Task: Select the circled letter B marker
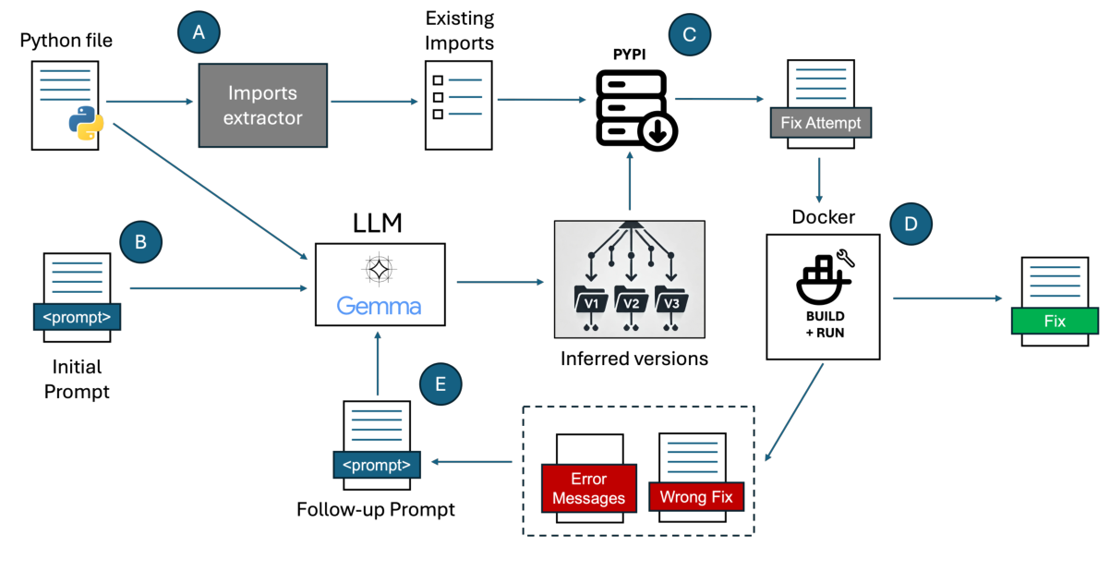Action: click(x=141, y=242)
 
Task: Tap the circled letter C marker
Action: click(x=689, y=34)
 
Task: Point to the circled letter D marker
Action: click(x=911, y=225)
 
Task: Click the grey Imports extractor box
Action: click(x=263, y=105)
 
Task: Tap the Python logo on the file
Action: click(x=86, y=124)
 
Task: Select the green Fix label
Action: click(x=1054, y=322)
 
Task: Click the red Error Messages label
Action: click(x=588, y=489)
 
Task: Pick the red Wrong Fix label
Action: click(x=696, y=496)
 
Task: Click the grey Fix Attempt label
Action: click(x=819, y=122)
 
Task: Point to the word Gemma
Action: click(x=379, y=306)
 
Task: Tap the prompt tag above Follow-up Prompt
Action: click(x=377, y=463)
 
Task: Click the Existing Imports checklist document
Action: click(x=457, y=104)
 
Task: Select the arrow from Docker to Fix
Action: click(x=947, y=298)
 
